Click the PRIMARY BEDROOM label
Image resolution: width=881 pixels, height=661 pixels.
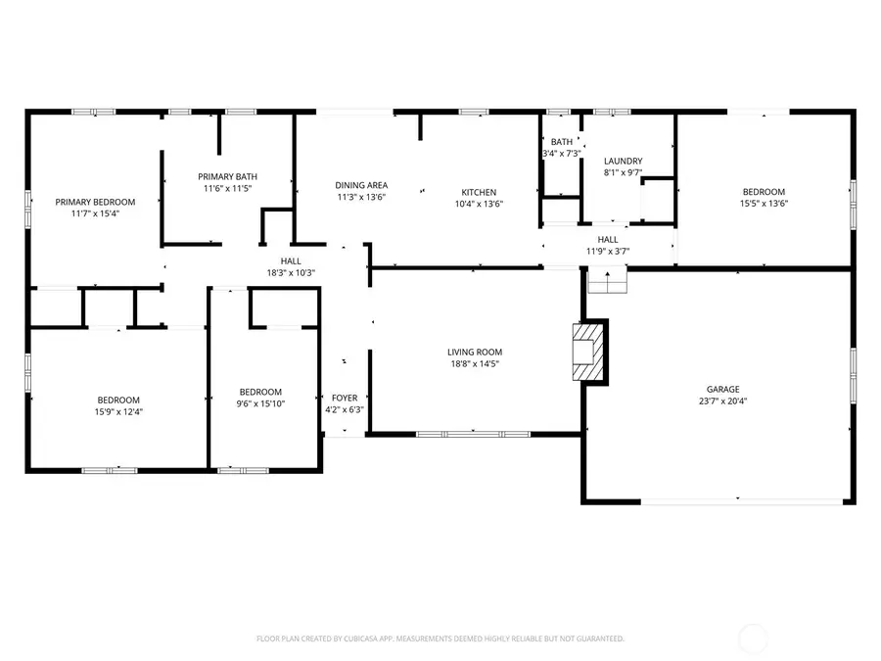(95, 202)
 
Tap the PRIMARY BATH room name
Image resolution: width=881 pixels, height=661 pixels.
(227, 176)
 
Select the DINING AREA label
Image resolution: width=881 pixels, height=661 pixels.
(361, 185)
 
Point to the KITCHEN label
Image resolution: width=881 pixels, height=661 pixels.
(479, 192)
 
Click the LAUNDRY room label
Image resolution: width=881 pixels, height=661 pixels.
(623, 162)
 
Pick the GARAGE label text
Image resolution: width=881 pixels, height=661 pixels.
(723, 389)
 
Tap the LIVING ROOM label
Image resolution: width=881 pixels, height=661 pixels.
(475, 353)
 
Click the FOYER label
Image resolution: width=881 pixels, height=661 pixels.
(345, 398)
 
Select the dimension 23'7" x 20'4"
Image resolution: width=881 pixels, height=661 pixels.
(723, 401)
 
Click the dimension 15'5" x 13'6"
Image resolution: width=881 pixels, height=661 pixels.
(764, 204)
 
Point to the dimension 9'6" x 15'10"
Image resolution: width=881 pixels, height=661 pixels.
(260, 403)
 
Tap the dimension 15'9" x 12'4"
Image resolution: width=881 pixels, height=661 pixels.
(118, 411)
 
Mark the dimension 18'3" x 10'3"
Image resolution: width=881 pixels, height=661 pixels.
(291, 273)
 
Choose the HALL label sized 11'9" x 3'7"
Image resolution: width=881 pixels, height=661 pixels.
(608, 239)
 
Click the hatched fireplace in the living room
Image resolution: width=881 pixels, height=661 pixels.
(583, 351)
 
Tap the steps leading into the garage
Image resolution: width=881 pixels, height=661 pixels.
(606, 283)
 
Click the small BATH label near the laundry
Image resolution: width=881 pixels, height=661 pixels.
(562, 142)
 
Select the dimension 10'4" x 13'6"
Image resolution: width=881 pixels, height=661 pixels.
(479, 204)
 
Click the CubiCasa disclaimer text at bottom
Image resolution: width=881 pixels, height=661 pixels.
(440, 638)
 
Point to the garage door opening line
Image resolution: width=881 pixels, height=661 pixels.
(743, 501)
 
